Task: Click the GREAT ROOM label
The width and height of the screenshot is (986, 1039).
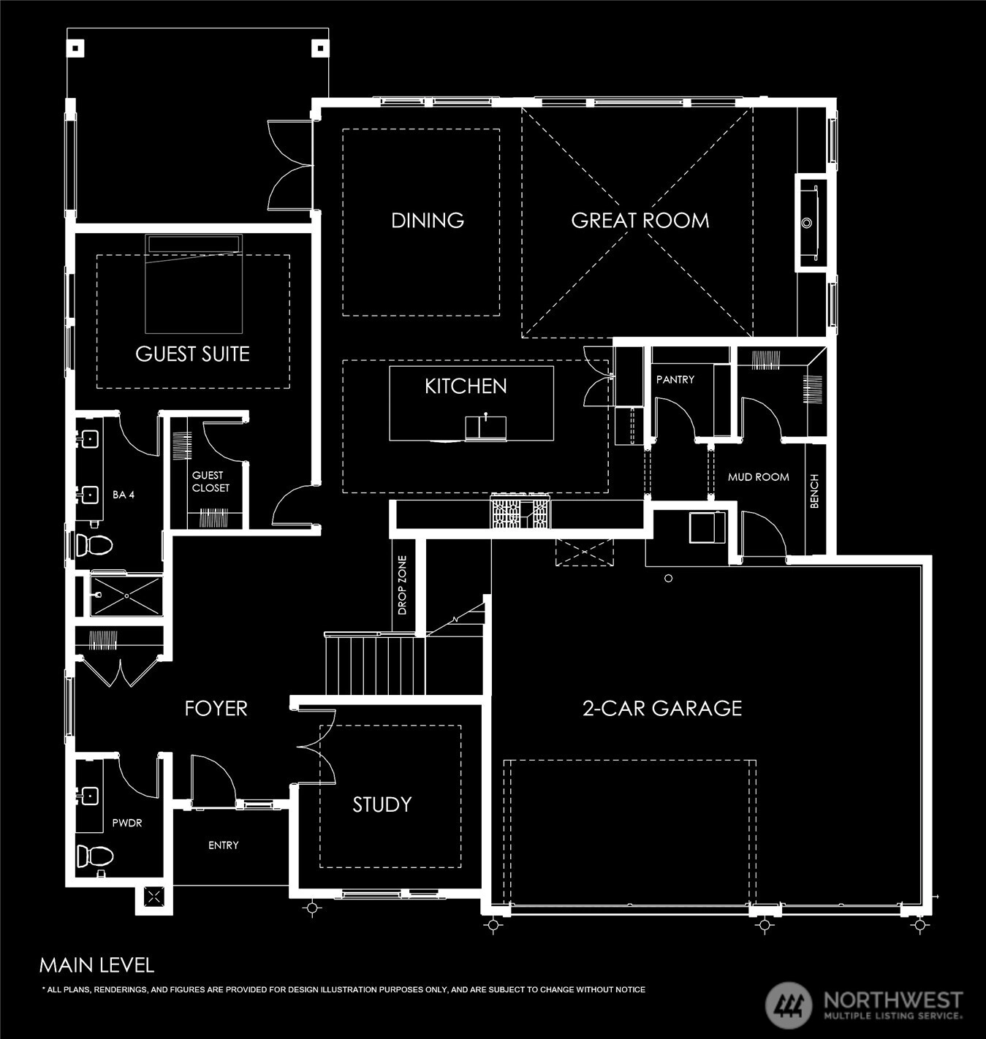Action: point(640,221)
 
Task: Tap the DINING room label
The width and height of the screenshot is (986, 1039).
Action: point(428,221)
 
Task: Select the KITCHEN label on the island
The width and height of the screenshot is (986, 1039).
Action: point(466,387)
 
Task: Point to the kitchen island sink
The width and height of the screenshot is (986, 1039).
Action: point(485,427)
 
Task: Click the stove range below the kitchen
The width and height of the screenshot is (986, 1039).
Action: point(520,511)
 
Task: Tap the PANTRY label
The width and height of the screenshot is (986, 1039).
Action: point(675,379)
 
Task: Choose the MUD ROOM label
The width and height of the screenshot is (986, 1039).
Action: point(758,477)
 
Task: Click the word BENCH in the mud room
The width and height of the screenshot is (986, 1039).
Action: point(814,491)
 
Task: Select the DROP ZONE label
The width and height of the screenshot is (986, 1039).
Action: point(402,585)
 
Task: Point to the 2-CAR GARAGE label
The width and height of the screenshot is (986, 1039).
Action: point(662,708)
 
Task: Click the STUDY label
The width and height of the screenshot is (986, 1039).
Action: point(382,804)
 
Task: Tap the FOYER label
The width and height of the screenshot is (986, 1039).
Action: point(216,708)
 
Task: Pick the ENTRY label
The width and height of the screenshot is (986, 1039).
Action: point(223,845)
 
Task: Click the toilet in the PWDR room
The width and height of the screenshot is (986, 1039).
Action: point(94,856)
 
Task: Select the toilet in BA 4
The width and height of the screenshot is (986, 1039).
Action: point(94,545)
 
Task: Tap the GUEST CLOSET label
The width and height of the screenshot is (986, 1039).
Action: point(211,482)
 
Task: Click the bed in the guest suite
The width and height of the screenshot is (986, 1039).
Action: point(194,283)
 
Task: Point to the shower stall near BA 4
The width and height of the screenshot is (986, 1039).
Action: point(126,595)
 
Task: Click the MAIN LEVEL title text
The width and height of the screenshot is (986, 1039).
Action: point(96,965)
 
